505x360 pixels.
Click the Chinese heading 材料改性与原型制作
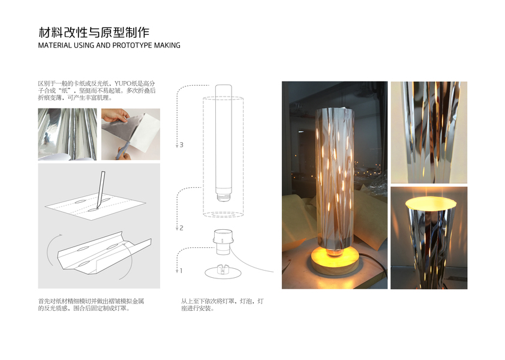94,32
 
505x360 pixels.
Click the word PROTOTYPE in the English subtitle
132,46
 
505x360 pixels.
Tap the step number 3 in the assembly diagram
182,145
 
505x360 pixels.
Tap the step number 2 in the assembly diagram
182,228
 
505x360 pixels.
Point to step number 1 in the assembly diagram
181,271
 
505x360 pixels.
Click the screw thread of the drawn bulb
223,196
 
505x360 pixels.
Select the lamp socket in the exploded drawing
223,241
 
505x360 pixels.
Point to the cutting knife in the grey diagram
100,190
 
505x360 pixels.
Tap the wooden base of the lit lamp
335,263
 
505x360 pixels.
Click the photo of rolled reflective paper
67,134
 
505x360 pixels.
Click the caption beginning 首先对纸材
91,305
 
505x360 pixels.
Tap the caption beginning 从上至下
223,305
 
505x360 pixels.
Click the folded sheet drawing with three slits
104,250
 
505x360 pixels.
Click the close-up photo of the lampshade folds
429,133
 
